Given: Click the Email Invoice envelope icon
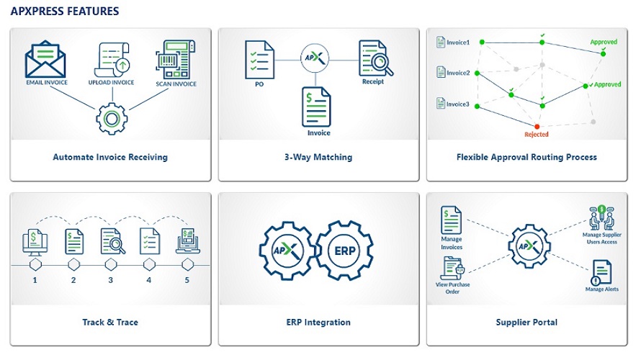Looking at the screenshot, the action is tap(45, 59).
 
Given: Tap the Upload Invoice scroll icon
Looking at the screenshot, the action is tap(112, 60).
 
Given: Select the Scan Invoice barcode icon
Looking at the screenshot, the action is tap(176, 59).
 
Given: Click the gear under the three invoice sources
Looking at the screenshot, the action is tap(112, 119).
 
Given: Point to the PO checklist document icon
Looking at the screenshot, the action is tap(259, 60).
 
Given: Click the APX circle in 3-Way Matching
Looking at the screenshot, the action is tap(315, 58).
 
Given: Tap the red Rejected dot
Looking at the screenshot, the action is tap(537, 127).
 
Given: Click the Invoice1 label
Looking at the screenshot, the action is tap(458, 42).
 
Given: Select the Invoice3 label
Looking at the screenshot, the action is tap(458, 104).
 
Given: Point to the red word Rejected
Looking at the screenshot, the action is tap(537, 135).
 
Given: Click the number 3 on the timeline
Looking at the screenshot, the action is tap(110, 280).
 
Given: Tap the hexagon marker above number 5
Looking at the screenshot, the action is tap(188, 265).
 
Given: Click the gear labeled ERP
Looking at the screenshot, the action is tap(344, 251).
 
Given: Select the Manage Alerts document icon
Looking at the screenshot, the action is tap(601, 273).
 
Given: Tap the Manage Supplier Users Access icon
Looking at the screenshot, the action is tap(601, 217).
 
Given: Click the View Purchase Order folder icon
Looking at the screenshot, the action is tap(453, 269).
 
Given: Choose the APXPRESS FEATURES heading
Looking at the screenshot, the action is tap(65, 12).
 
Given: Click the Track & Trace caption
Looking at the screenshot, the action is tap(110, 322).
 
